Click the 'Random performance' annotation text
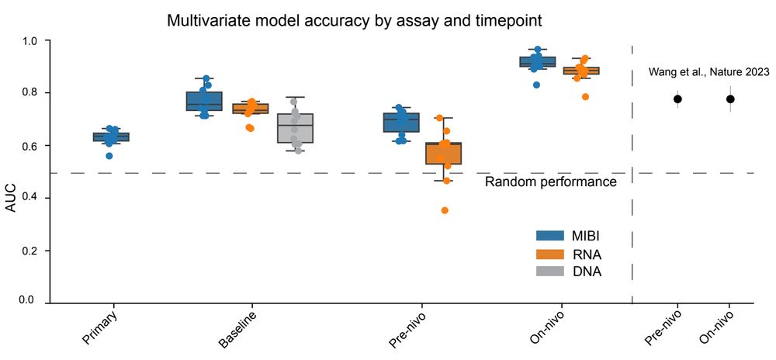[x=550, y=182]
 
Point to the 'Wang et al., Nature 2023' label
[x=708, y=72]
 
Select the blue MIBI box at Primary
[x=111, y=137]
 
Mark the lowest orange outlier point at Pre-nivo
[x=444, y=210]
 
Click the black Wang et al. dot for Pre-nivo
[x=677, y=99]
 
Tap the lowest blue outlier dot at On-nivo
[x=536, y=85]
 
